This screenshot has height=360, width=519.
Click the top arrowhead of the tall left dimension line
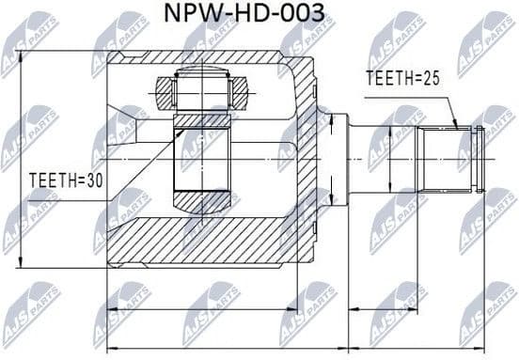point(20,53)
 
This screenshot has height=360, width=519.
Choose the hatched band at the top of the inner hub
point(201,120)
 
